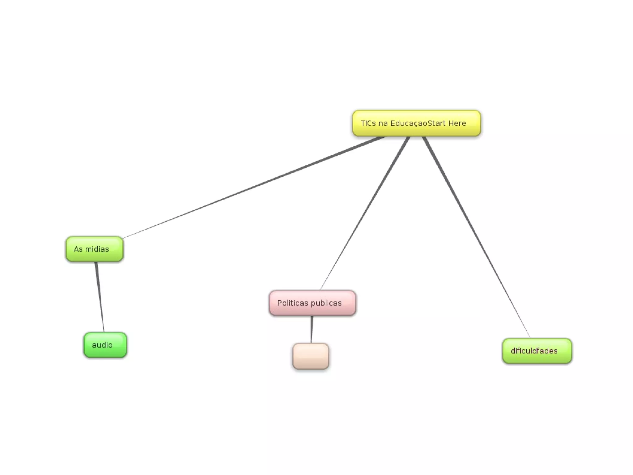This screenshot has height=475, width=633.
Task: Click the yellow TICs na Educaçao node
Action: [x=416, y=123]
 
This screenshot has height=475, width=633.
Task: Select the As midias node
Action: [x=95, y=249]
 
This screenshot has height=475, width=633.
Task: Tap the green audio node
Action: [x=105, y=345]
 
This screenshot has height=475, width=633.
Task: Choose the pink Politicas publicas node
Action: [x=312, y=303]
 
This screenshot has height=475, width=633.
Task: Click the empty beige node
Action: [x=311, y=356]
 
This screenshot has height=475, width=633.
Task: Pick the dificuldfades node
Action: [x=537, y=351]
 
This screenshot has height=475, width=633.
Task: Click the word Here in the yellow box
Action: [x=457, y=123]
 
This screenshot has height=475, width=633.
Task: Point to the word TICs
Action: [x=368, y=123]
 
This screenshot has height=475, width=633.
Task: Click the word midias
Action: [x=97, y=249]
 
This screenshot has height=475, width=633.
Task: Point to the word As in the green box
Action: [x=78, y=249]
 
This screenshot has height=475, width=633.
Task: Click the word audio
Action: [x=102, y=345]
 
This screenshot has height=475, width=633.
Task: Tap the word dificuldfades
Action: [x=534, y=351]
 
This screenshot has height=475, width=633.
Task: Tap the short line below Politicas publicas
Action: [x=312, y=329]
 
